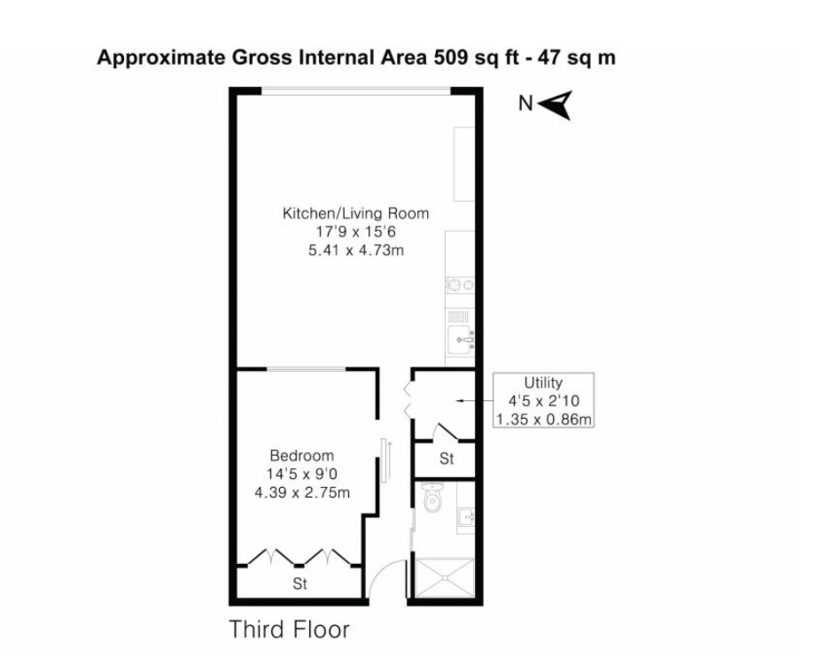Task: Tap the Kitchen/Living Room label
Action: coord(356,213)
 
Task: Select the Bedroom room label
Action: coord(301,455)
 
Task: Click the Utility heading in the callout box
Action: coord(543,382)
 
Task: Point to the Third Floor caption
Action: coord(289,629)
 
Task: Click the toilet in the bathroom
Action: coord(432,498)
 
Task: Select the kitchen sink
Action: coord(461,339)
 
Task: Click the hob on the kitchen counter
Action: coord(461,285)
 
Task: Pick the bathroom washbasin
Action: coord(466,517)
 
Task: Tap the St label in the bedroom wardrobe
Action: coord(299,583)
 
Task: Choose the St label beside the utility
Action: coord(447,459)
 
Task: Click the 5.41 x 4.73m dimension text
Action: coord(356,250)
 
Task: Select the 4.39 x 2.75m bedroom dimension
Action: coord(301,492)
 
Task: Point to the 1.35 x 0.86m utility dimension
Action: coord(543,419)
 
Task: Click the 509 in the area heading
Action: coord(450,58)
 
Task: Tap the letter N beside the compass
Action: coord(525,104)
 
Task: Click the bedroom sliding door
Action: coord(384,460)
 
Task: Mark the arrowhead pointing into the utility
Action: coord(458,401)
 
